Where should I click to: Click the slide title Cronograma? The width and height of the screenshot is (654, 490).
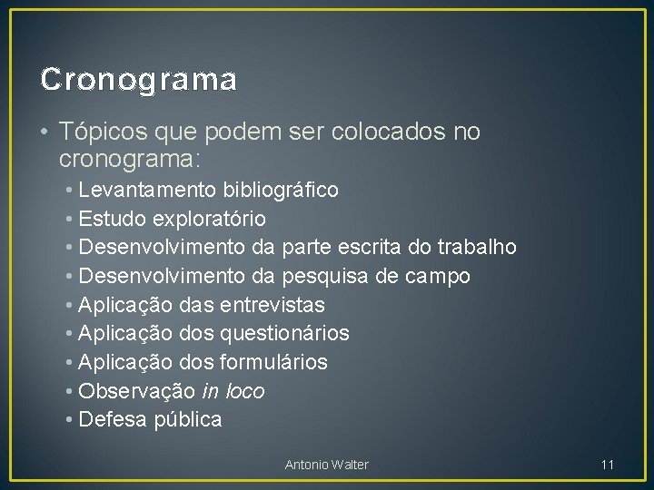click(139, 80)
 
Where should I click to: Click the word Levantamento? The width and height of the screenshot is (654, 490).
click(147, 190)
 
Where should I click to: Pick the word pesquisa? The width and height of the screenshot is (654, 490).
click(324, 276)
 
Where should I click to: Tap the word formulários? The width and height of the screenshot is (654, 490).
click(273, 362)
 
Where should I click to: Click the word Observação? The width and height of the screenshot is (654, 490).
click(136, 391)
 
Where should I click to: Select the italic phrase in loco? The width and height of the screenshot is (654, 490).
click(233, 391)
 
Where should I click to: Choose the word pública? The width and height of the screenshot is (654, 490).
click(188, 420)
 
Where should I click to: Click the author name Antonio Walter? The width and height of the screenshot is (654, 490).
click(327, 465)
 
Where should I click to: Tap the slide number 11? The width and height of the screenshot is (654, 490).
click(608, 465)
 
